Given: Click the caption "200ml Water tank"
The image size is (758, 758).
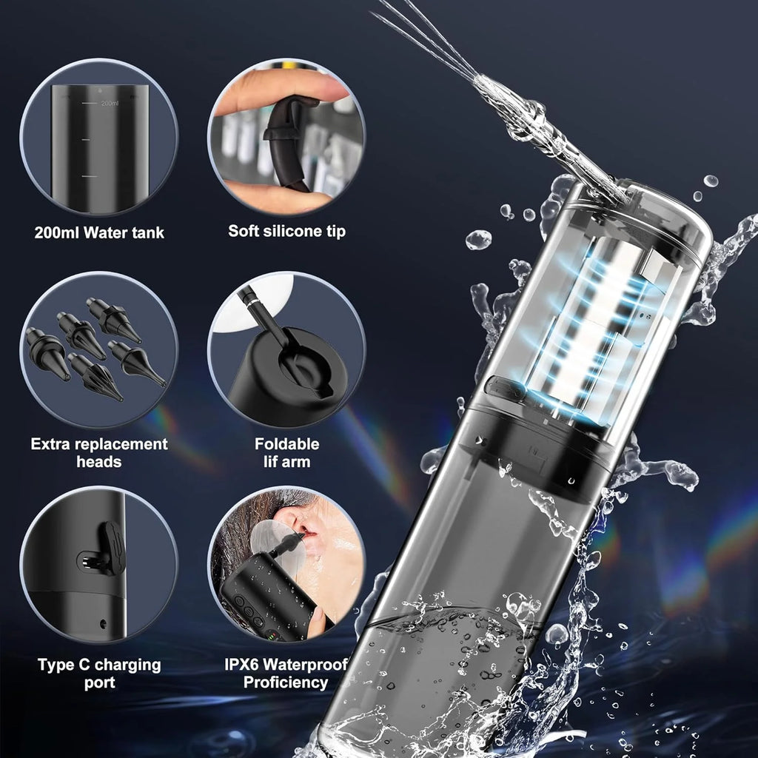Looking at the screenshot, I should pos(99,232).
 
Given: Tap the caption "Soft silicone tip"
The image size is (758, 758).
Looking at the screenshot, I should pos(286,231).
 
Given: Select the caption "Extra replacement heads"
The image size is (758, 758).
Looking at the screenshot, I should pos(99,452).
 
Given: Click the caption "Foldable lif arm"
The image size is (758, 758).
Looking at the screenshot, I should pos(286,452).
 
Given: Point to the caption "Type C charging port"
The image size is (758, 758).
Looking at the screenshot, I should pos(99,673).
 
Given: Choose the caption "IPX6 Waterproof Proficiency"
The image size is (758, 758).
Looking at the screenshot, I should pos(286,673).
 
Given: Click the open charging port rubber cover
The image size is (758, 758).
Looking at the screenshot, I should pos(111,548).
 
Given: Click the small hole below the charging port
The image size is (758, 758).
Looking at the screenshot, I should pos(101,623).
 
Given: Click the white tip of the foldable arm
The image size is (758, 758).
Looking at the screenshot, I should pos(244,294).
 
